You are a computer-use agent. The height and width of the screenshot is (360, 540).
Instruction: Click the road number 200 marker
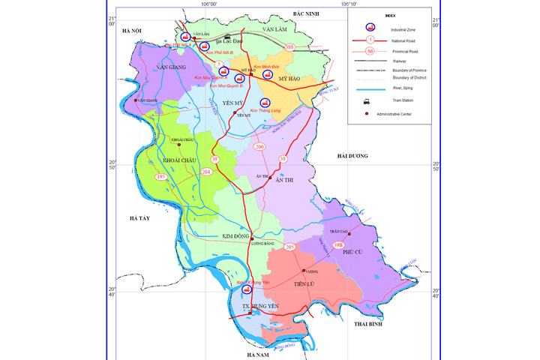point(260,147)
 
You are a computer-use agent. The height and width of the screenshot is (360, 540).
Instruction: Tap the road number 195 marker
point(161,177)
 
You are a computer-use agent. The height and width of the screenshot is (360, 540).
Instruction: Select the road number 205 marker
point(290,247)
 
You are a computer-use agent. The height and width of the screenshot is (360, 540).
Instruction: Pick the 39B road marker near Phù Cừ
point(338,244)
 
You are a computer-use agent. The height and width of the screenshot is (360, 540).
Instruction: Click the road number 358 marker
point(289,48)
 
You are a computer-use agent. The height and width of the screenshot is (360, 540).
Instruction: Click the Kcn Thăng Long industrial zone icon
point(264,103)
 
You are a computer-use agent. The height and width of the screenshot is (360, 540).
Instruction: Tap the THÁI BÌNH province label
point(368,325)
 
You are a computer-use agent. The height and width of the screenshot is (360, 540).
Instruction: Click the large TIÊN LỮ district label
point(308,283)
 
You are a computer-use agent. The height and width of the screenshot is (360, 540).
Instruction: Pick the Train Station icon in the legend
point(365,99)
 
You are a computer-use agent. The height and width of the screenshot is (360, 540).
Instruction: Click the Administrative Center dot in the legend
point(365,114)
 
